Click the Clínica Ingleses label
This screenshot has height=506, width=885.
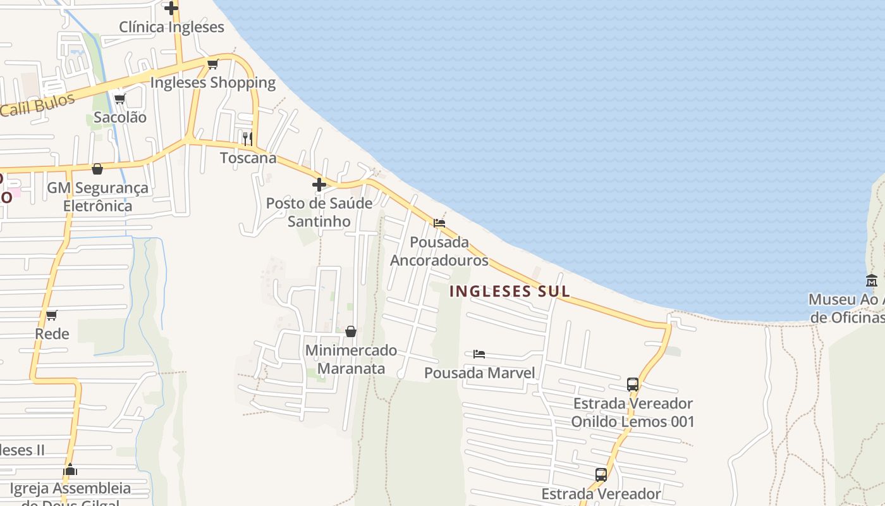171,27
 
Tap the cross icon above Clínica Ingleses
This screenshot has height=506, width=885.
171,8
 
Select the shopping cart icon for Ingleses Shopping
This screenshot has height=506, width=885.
213,64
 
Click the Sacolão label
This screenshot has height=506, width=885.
120,117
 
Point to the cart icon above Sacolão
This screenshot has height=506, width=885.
119,99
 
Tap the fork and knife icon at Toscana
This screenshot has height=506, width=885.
248,139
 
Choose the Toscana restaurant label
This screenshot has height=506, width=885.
248,157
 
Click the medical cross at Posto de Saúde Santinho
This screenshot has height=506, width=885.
319,185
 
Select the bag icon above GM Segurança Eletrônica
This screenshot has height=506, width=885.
97,169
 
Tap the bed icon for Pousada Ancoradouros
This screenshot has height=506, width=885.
439,223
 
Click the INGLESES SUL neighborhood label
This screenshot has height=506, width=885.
510,292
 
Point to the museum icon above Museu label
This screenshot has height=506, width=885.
872,280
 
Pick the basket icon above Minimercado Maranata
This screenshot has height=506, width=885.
351,331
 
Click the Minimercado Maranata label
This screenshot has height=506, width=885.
351,359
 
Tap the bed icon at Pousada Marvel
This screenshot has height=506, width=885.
479,354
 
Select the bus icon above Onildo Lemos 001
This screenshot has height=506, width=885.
633,384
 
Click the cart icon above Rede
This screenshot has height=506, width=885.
52,315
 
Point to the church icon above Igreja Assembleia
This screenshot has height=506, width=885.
70,470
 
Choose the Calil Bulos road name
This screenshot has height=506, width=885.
38,105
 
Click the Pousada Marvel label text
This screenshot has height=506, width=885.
479,373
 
